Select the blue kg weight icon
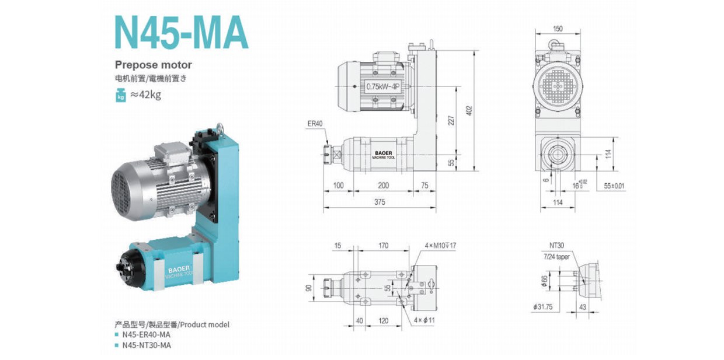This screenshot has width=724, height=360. pyautogui.click(x=121, y=95)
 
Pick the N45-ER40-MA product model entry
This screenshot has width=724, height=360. pyautogui.click(x=147, y=334)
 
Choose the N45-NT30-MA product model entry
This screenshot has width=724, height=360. pyautogui.click(x=147, y=345)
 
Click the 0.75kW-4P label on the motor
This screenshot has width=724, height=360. pyautogui.click(x=383, y=87)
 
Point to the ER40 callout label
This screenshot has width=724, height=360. pyautogui.click(x=315, y=124)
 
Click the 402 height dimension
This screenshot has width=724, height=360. pyautogui.click(x=469, y=110)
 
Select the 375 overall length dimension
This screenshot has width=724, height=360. pyautogui.click(x=380, y=202)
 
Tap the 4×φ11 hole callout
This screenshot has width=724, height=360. pyautogui.click(x=426, y=321)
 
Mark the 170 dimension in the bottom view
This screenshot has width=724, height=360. pyautogui.click(x=383, y=246)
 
